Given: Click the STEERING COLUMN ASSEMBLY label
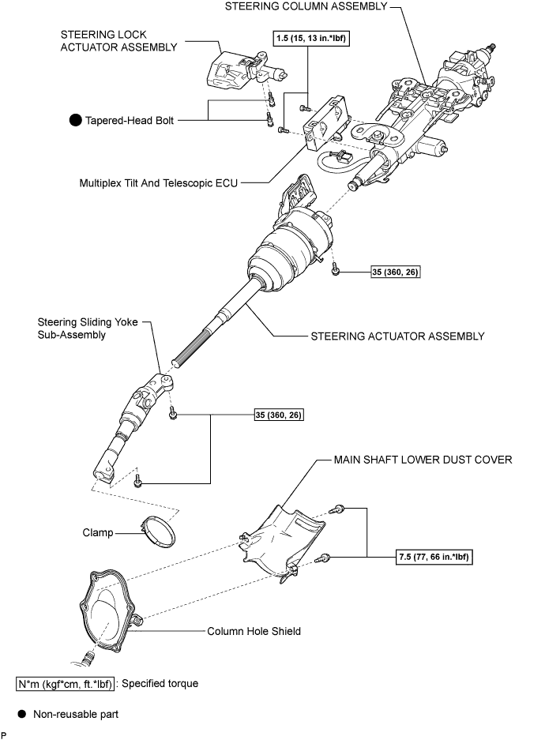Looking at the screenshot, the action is point(306,6).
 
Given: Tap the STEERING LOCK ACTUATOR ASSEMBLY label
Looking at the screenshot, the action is point(118,41).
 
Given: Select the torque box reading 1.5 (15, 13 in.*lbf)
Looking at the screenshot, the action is point(311,38).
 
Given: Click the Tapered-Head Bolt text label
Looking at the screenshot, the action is point(130,121).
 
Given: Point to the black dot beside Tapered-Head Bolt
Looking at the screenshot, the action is point(75,120).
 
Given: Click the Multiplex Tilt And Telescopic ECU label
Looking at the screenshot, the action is point(159,183).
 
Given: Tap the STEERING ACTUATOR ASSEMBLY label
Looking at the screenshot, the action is point(397,336).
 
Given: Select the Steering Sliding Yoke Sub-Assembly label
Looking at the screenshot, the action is point(88,329).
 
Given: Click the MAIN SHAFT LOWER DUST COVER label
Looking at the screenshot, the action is point(423,460).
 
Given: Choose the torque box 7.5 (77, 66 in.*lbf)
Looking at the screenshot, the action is point(434,557).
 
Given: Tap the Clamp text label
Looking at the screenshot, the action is point(98,533).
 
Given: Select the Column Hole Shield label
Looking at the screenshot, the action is point(254,632).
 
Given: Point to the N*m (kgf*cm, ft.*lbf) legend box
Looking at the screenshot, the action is point(65,684).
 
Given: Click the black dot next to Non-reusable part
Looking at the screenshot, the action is point(21,714).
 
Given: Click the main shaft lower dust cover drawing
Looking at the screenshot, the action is point(283,543).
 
